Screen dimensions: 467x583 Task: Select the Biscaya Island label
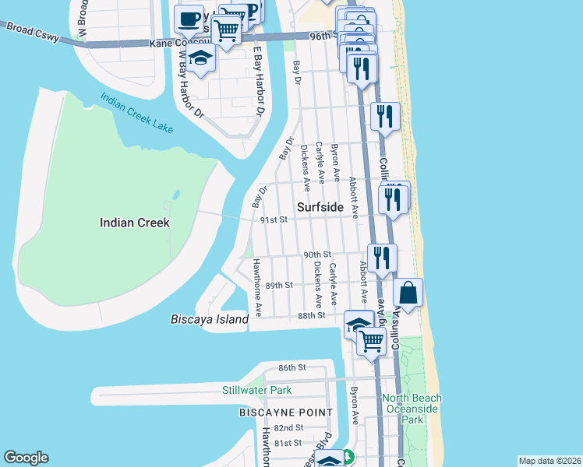209,319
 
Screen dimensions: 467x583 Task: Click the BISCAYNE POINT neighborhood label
286,412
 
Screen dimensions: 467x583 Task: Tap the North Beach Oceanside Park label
412,409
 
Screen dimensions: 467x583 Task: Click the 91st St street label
274,220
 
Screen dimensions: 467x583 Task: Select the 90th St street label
317,255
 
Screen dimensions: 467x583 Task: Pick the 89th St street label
278,286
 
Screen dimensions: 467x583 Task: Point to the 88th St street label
310,315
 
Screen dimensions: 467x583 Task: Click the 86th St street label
292,367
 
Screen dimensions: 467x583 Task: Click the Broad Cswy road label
29,30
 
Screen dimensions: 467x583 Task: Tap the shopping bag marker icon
408,293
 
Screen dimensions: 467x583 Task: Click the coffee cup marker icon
188,17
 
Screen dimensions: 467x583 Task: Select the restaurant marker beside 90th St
382,257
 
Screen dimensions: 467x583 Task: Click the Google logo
26,458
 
